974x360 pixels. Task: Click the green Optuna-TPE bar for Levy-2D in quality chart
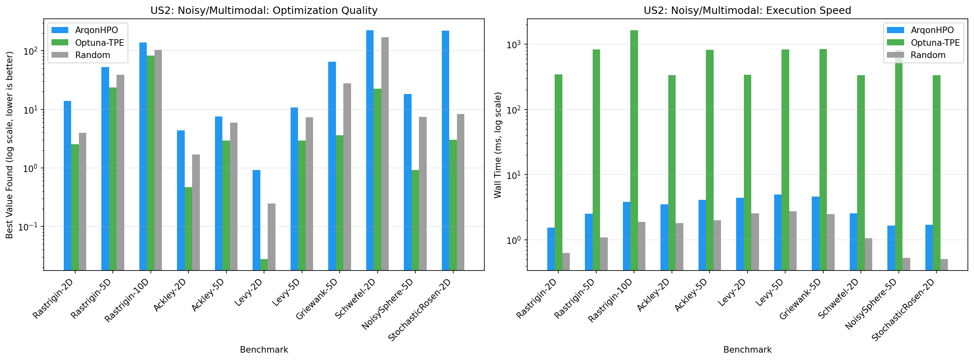264,264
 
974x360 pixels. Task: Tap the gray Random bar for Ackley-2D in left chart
196,212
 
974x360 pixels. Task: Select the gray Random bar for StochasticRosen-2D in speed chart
944,264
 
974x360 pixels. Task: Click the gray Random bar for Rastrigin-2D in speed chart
566,262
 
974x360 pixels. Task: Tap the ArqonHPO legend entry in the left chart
96,30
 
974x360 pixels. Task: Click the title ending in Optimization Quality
264,10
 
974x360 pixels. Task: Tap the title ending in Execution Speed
747,10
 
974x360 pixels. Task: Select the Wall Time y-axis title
497,145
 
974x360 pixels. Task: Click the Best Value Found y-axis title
9,145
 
